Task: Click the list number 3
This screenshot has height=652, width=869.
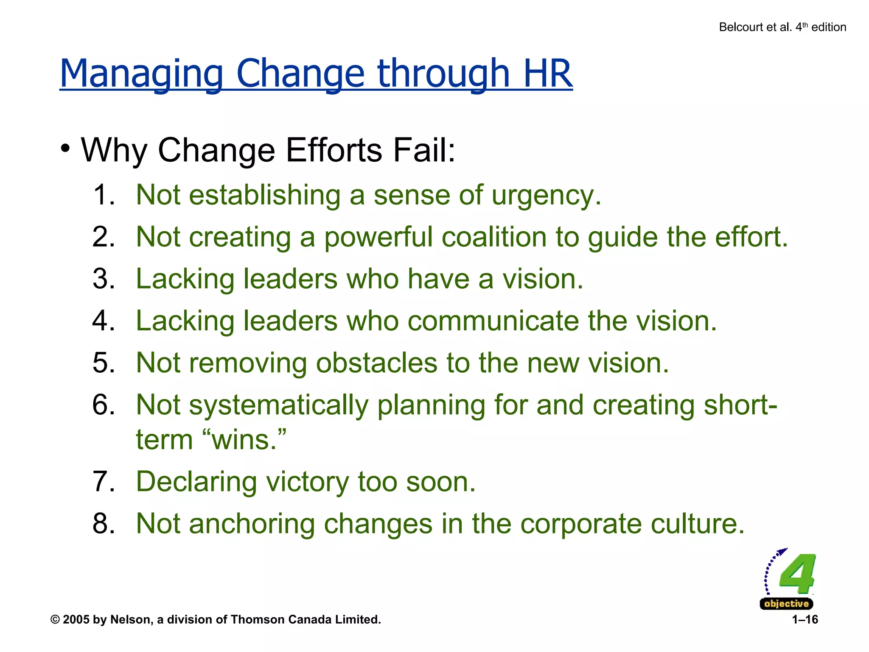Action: (x=104, y=279)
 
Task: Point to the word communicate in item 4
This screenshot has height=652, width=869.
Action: (x=493, y=321)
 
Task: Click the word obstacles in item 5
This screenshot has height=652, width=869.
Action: (x=376, y=363)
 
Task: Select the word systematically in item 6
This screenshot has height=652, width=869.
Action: (x=278, y=406)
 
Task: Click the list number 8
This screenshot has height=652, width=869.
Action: (x=104, y=524)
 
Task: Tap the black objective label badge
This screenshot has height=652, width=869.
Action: (x=786, y=604)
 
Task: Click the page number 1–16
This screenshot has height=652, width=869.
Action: (x=805, y=620)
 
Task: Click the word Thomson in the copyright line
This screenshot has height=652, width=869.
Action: (x=258, y=620)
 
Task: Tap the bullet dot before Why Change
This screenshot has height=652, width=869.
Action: (x=65, y=149)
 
